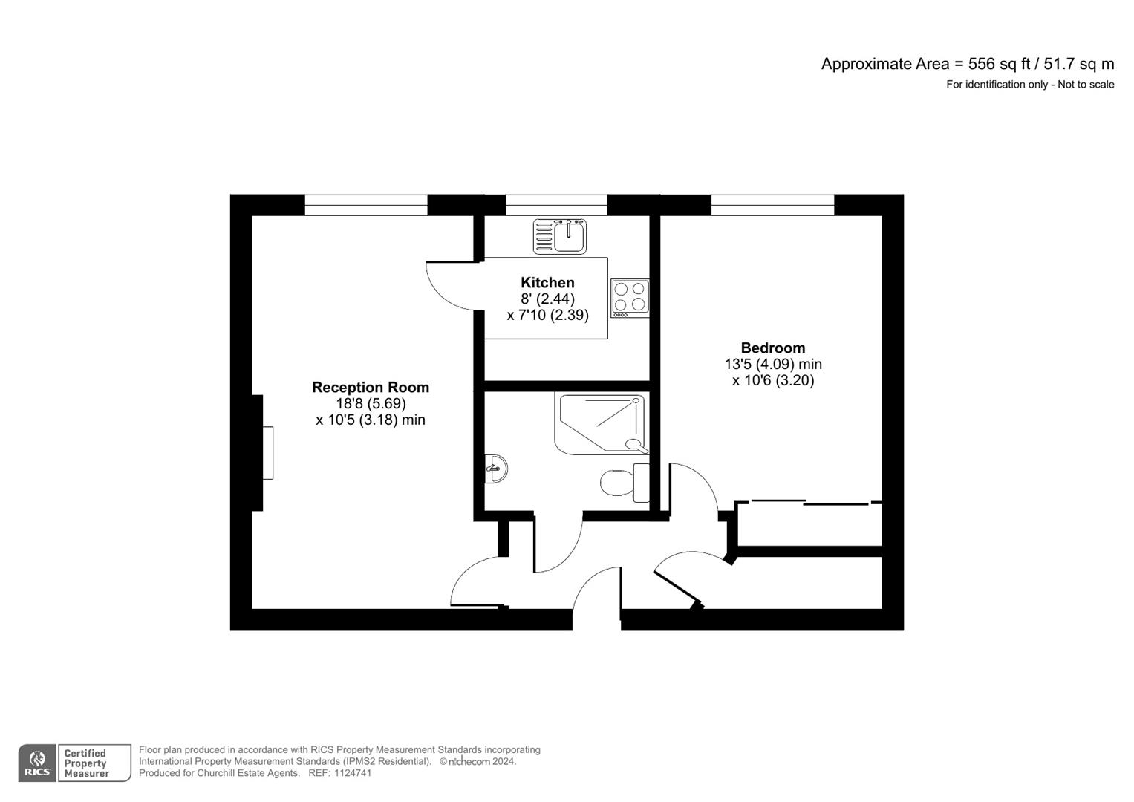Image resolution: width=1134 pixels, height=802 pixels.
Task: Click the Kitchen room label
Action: coord(547,283)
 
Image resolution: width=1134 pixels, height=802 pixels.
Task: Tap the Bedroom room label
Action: coord(772,348)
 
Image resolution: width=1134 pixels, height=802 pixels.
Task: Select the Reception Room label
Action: coord(370,388)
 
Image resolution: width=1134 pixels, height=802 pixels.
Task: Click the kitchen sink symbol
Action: coord(559,236)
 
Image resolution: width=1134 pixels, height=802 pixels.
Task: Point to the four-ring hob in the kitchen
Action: coord(630,298)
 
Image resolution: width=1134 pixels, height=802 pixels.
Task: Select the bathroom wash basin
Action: coord(495,469)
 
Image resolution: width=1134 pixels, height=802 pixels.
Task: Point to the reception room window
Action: coord(366,205)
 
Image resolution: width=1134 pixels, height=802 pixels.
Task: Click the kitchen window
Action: coord(556,205)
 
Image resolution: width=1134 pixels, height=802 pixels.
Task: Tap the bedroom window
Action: coord(772,205)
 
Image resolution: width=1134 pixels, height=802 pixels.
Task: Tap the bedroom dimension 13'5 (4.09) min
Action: coord(772,365)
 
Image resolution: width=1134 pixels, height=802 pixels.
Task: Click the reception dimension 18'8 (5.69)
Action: coord(370,404)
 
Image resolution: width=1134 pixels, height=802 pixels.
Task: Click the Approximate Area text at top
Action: coord(967,64)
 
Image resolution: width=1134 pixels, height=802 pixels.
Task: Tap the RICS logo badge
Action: coord(37,763)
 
